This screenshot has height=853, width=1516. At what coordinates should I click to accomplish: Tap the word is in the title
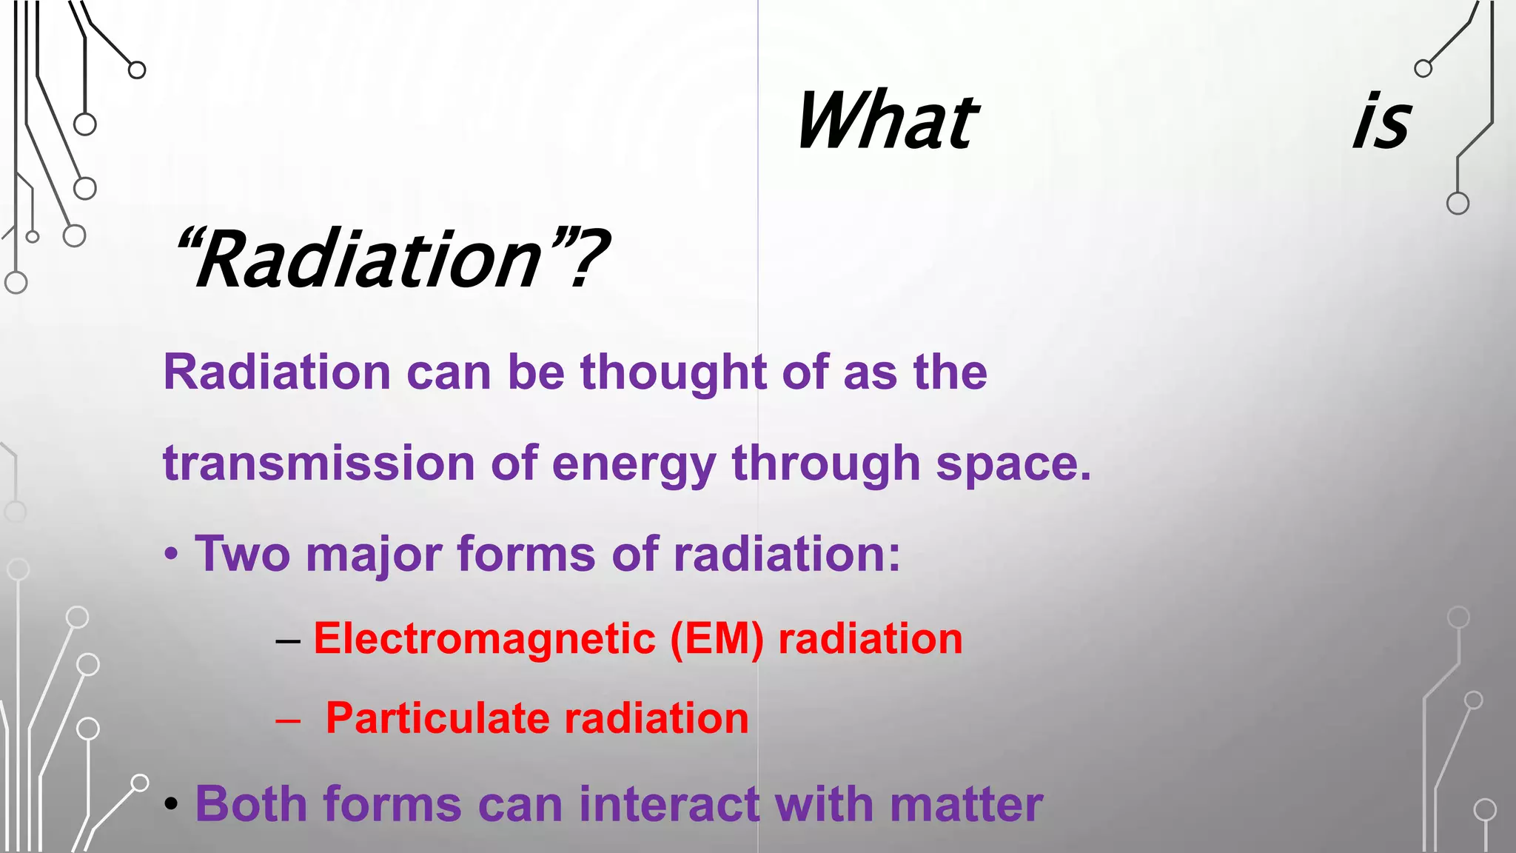point(1381,121)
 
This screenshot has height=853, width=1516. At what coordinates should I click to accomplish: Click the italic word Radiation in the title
point(369,260)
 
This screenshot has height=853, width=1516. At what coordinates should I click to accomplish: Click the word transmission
point(318,464)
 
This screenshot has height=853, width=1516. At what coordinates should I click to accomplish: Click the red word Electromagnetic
point(484,639)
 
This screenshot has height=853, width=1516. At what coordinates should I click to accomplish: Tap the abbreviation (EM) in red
point(716,639)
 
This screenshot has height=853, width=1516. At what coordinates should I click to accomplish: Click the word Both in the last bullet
point(250,804)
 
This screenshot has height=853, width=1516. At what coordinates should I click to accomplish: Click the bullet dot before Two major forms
point(172,555)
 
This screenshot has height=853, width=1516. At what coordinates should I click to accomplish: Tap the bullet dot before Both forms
point(172,806)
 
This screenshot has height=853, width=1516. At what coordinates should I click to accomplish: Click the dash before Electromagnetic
point(287,640)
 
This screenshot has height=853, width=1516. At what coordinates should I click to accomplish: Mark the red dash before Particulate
point(287,720)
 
